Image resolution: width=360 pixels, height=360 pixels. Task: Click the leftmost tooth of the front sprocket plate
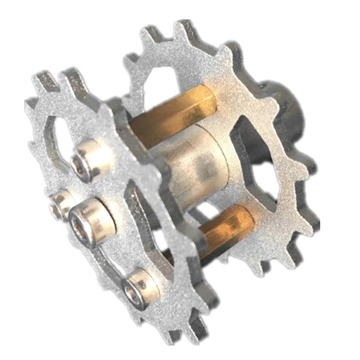coord(32,105)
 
